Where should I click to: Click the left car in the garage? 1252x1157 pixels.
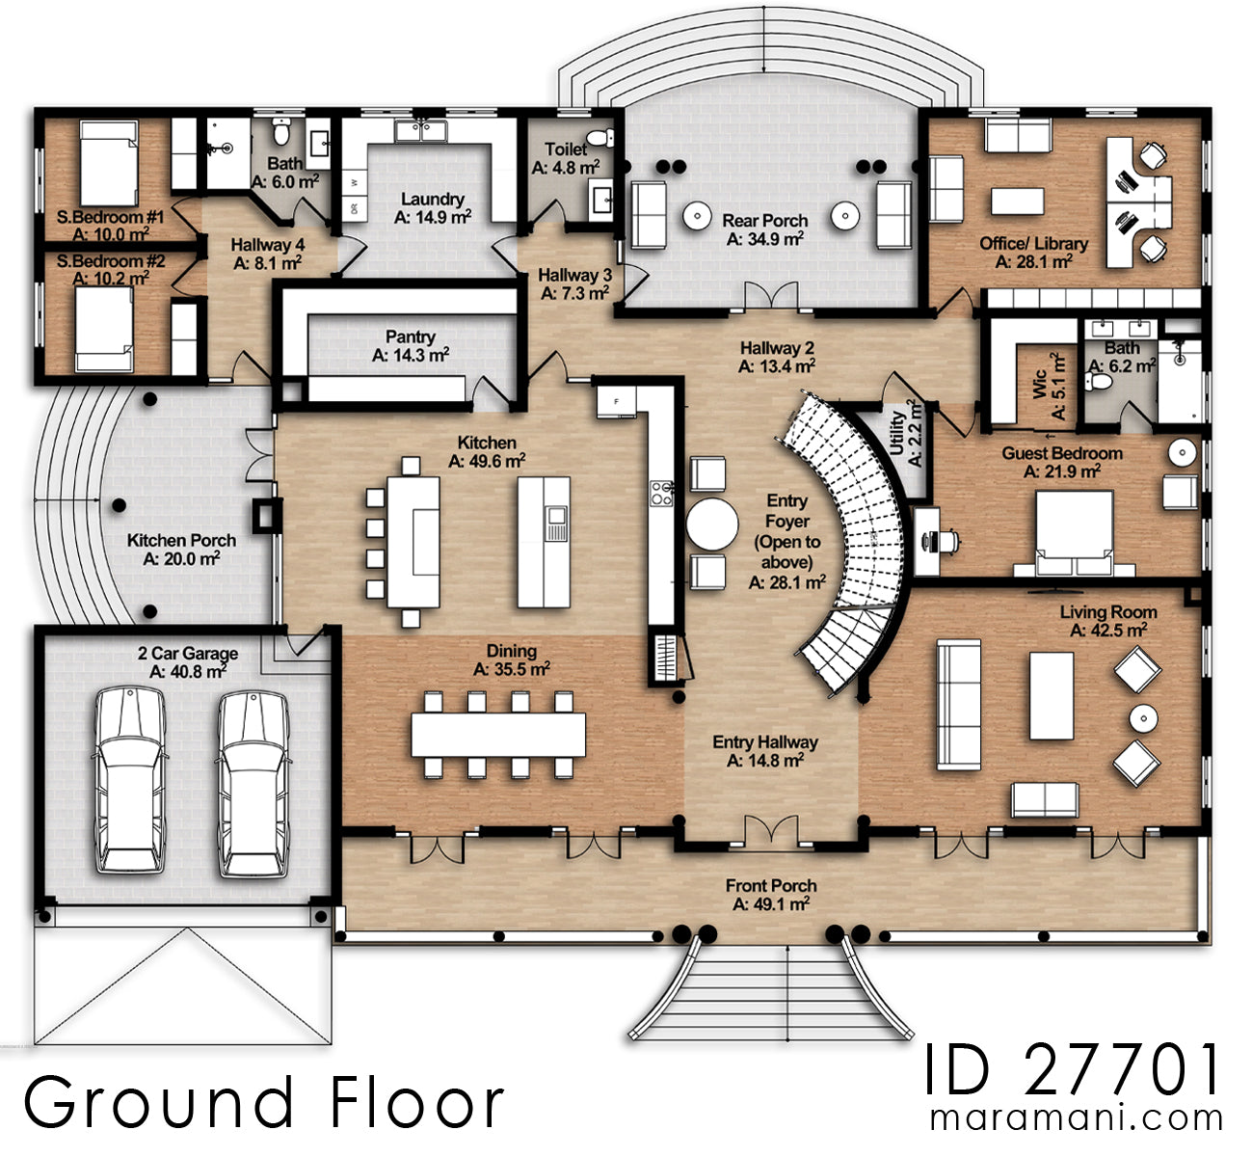[130, 781]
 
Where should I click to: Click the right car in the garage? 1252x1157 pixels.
[253, 783]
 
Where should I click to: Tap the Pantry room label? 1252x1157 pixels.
[411, 336]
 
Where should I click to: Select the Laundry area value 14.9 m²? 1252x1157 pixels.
[433, 218]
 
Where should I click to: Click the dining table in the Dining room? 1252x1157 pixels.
[498, 735]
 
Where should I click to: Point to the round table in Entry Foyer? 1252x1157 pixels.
[712, 524]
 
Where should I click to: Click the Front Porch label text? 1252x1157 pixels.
[771, 885]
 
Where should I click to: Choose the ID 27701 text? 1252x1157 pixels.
[1073, 1069]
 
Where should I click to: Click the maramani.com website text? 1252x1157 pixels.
[1076, 1119]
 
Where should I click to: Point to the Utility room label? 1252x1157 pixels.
[896, 433]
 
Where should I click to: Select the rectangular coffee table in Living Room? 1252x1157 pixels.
[1051, 694]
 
